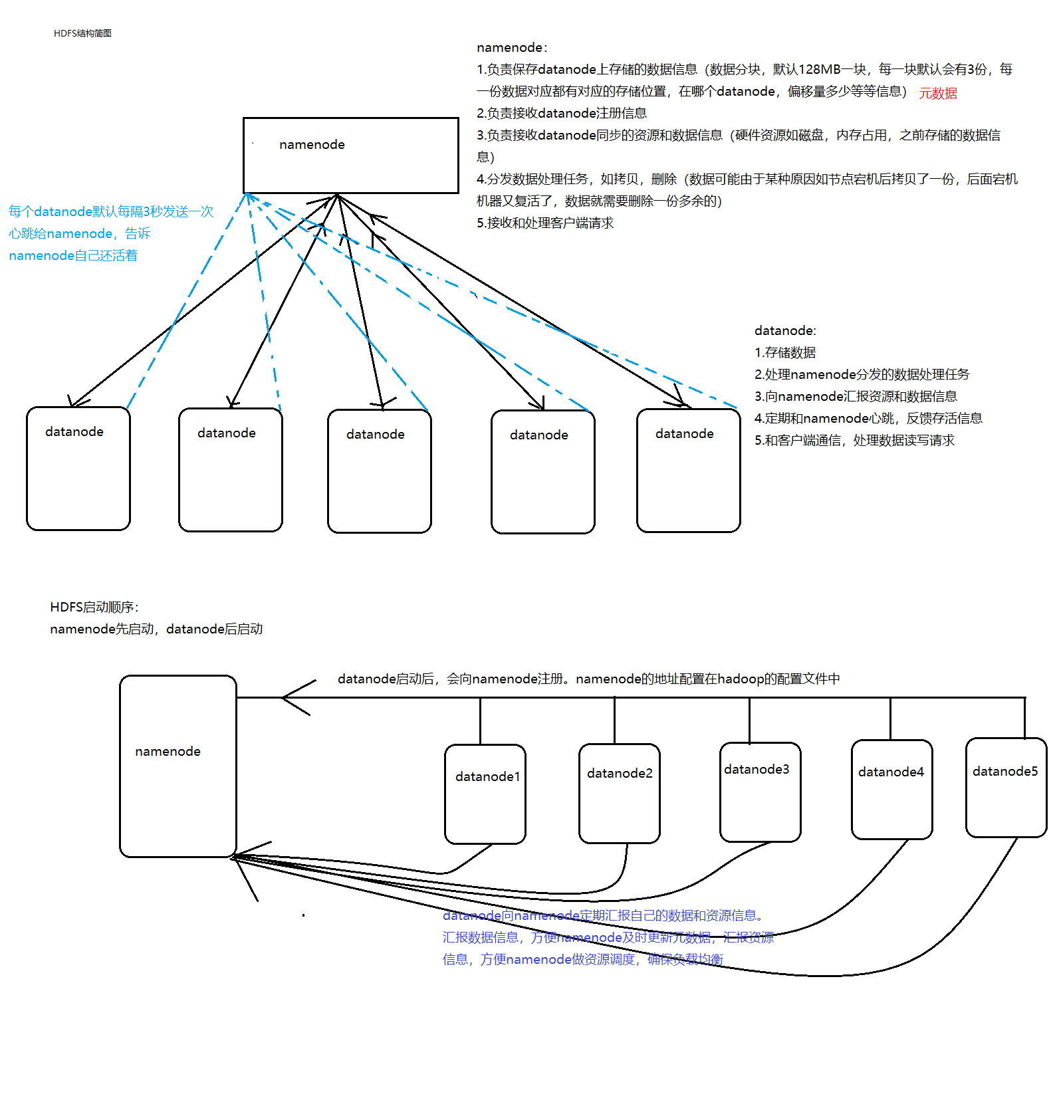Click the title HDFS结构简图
tap(82, 33)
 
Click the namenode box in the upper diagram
tap(350, 156)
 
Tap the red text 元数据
tap(938, 94)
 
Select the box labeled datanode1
tap(485, 794)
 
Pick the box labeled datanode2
tap(620, 793)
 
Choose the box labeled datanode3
tap(760, 792)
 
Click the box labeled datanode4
tap(891, 790)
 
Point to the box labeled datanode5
tap(1006, 788)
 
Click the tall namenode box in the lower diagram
tap(177, 766)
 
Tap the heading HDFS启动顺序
tap(94, 607)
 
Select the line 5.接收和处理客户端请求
tap(545, 223)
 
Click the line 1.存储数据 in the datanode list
tap(785, 353)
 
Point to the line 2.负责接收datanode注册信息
tap(562, 114)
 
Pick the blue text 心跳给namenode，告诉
tap(80, 234)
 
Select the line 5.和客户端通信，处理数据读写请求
tap(854, 441)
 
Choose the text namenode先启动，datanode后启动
tap(156, 629)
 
